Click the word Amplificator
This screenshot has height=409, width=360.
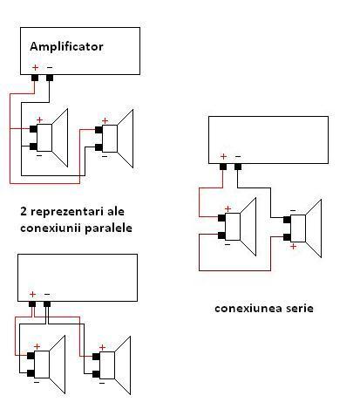(66, 46)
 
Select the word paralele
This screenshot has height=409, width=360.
(109, 228)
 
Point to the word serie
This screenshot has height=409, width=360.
(300, 308)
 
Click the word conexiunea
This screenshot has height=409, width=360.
(248, 309)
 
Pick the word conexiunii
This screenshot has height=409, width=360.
(51, 228)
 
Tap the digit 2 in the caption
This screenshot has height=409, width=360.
(24, 211)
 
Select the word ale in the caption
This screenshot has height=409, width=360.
(116, 211)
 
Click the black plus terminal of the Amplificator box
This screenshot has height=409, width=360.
(35, 78)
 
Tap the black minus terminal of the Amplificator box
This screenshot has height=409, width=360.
(50, 78)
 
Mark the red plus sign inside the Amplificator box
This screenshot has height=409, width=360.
(35, 67)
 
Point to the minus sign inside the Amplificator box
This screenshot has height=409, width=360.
(50, 67)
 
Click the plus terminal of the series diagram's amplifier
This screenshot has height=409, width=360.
(223, 167)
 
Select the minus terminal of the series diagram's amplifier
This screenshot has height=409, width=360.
(238, 167)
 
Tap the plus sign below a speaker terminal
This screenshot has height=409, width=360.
(294, 247)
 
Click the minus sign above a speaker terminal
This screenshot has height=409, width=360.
(293, 210)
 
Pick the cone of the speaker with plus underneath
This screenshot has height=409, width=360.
(314, 228)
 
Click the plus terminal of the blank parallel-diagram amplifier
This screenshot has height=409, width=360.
(32, 304)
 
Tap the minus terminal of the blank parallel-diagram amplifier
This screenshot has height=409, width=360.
(47, 304)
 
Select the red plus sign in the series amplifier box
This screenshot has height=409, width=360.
(223, 157)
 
